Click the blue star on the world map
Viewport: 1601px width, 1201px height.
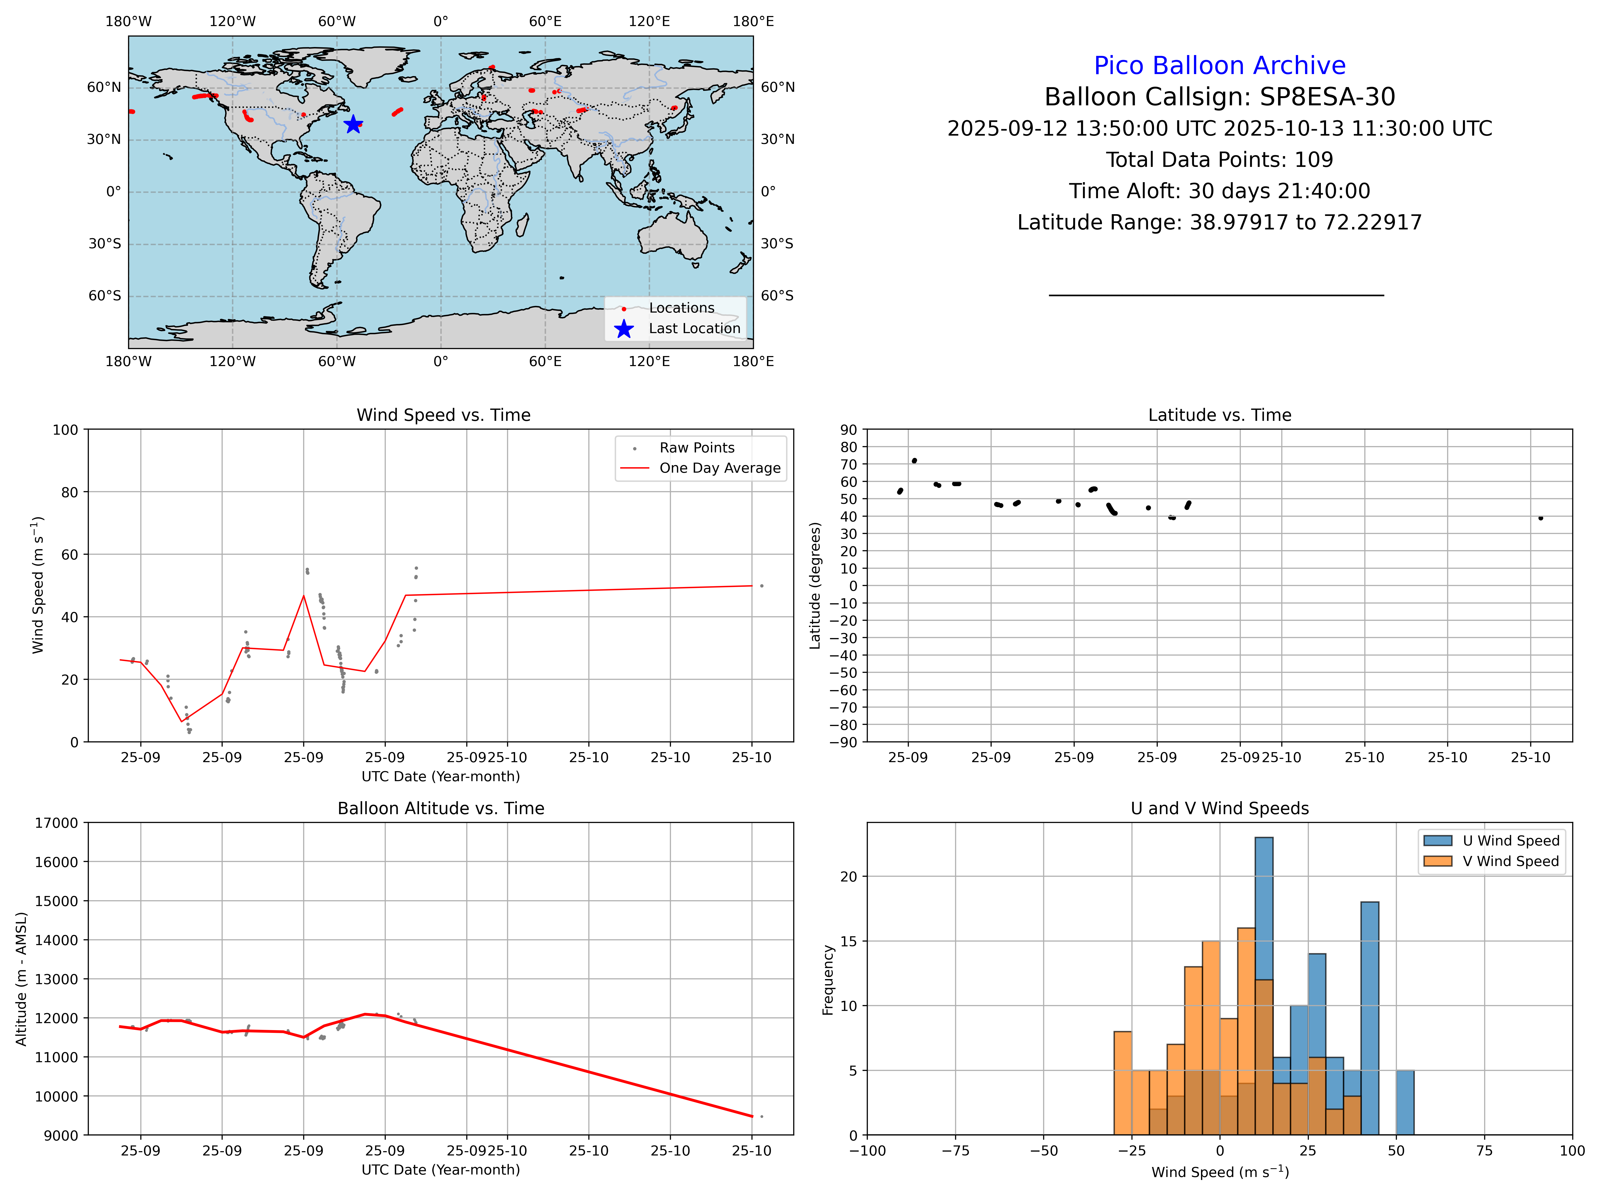[x=352, y=125]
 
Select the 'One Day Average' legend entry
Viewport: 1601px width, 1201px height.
[x=719, y=468]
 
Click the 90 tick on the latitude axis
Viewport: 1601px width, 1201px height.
[x=848, y=430]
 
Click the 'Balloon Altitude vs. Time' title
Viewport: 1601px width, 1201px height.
[x=441, y=809]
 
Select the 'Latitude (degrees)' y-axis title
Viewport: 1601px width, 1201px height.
[x=815, y=586]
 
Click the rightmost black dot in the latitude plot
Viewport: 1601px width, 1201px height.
[x=1540, y=518]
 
